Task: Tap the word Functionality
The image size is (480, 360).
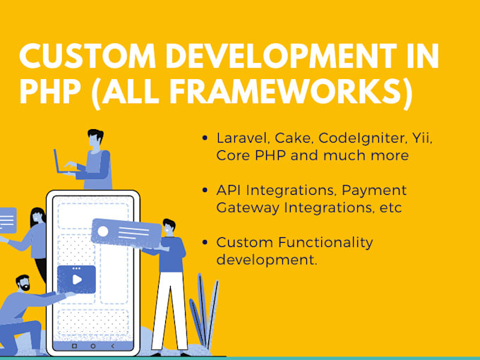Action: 317,242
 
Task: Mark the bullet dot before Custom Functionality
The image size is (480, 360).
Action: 205,243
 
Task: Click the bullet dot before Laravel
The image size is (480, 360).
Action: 205,139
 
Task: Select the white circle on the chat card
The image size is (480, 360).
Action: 104,231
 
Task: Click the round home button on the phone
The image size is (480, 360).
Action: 92,347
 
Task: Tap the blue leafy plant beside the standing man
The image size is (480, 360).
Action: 205,311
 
